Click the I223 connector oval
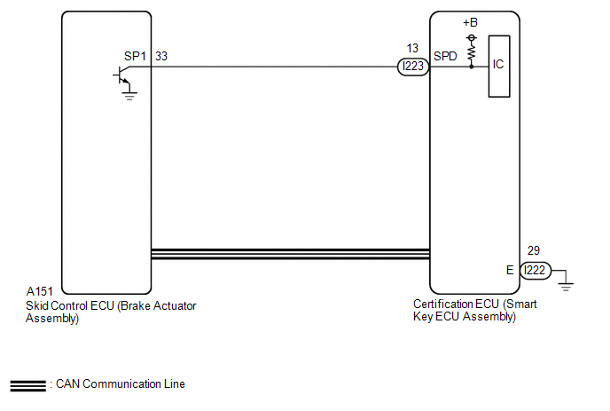tap(413, 67)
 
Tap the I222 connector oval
tap(536, 270)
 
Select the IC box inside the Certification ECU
tap(499, 67)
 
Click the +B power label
tap(470, 22)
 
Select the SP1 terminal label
tap(135, 56)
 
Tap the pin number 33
tap(161, 56)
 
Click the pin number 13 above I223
tap(412, 48)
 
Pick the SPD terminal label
tap(445, 56)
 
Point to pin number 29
tap(534, 250)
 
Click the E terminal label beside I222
tap(510, 270)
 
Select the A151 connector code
tap(39, 291)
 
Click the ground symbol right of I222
tap(566, 286)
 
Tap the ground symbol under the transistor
tap(129, 96)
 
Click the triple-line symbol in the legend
tap(28, 385)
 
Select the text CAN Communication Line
tap(121, 384)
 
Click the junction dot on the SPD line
tap(472, 67)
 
